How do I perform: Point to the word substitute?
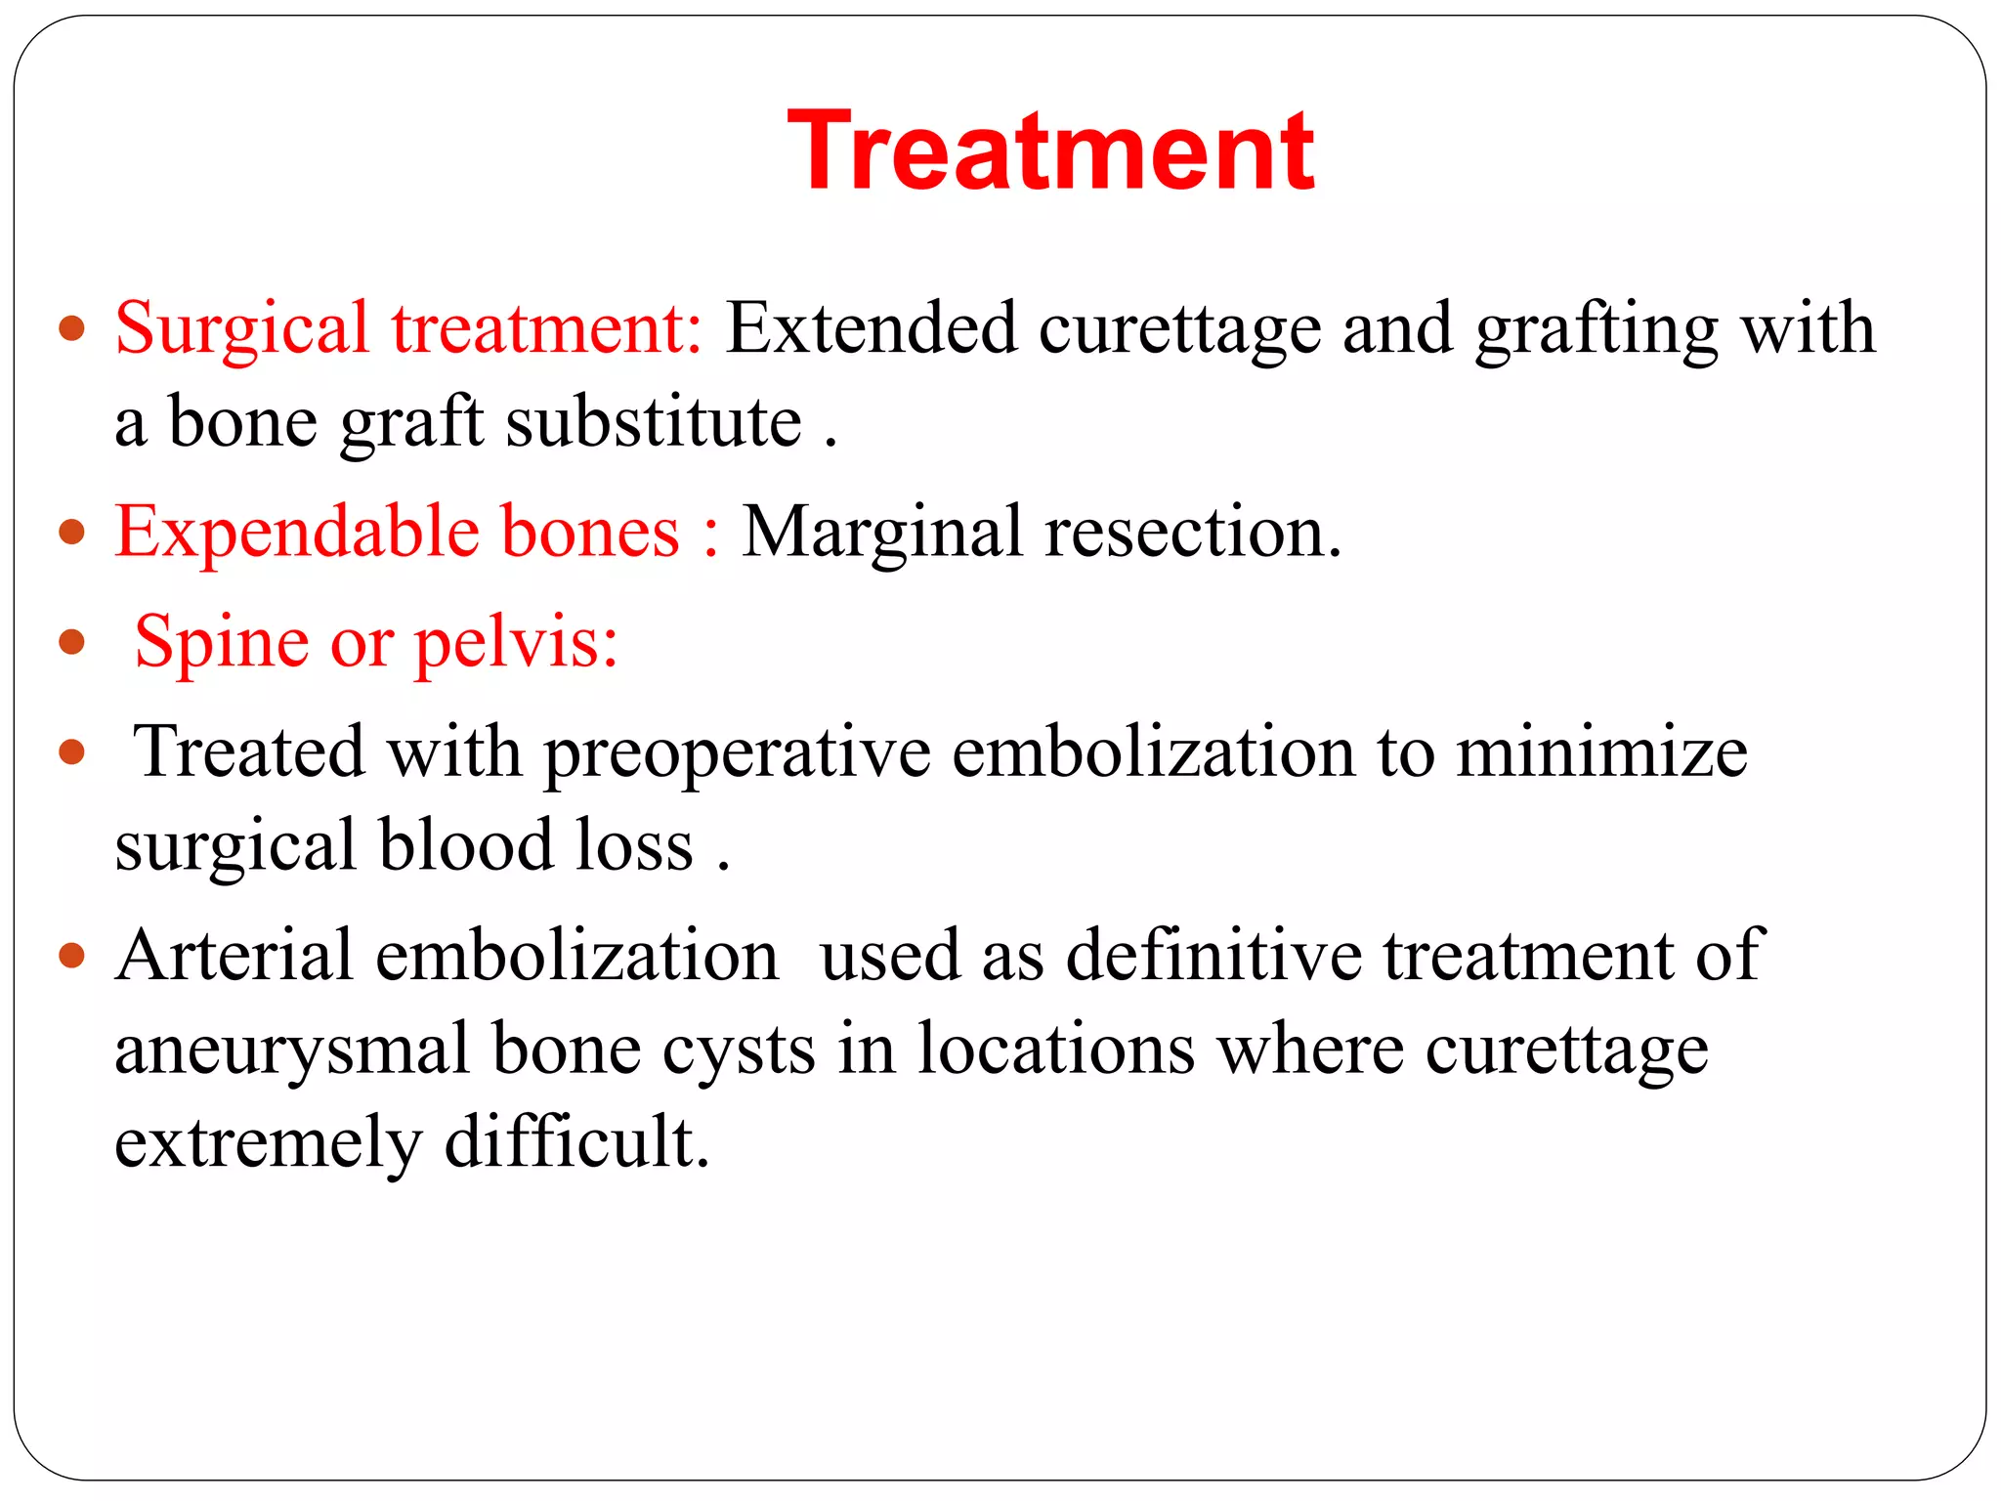pyautogui.click(x=654, y=423)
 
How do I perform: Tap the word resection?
pyautogui.click(x=1192, y=534)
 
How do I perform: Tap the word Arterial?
pyautogui.click(x=234, y=956)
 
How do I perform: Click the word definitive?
pyautogui.click(x=1213, y=956)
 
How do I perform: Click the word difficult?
pyautogui.click(x=576, y=1142)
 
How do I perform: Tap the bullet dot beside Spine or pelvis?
pyautogui.click(x=72, y=642)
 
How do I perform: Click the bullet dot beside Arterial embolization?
pyautogui.click(x=72, y=955)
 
